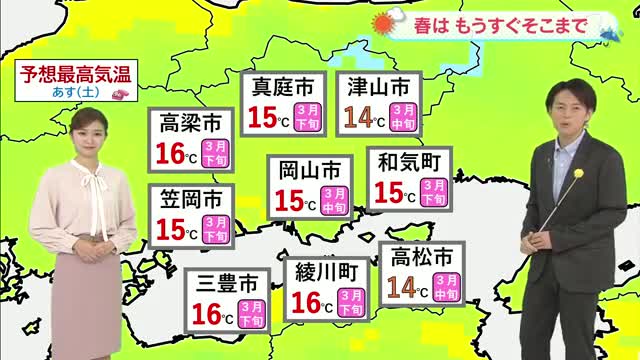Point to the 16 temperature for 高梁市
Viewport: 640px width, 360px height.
pos(172,155)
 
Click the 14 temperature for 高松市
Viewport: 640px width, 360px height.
pos(400,289)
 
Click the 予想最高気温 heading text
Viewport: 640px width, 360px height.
pos(76,75)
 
